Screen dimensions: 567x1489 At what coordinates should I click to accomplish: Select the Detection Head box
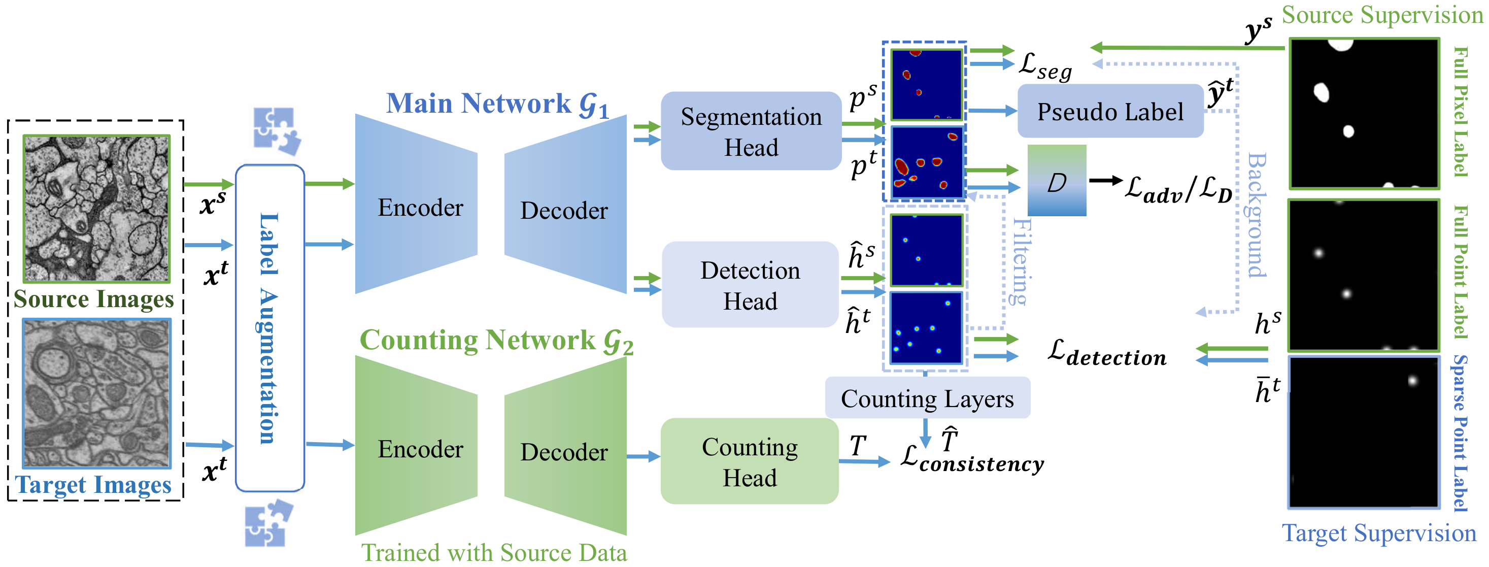tap(750, 285)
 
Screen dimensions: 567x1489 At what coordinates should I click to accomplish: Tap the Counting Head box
tap(749, 461)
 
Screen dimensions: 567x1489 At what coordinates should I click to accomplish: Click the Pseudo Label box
tap(1110, 112)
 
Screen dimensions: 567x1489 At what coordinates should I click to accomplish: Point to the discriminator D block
tap(1057, 181)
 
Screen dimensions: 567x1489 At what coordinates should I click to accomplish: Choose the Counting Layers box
tap(927, 398)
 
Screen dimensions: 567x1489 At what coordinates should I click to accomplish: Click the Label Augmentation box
tap(270, 328)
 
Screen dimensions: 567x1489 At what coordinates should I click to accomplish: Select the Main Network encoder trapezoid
tap(416, 205)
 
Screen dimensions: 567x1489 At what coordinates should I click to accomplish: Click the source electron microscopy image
tap(96, 209)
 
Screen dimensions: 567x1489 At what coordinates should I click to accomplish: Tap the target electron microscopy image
tap(96, 393)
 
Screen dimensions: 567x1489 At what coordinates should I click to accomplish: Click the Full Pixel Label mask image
tap(1364, 113)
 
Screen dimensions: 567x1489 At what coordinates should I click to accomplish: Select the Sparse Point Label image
tap(1364, 432)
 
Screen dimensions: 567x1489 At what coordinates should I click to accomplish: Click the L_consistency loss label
tap(972, 460)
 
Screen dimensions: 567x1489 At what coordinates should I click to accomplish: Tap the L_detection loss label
tap(1106, 353)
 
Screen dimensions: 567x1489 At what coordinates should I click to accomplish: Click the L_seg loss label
tap(1045, 66)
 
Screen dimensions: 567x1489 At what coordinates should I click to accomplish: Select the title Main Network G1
tap(497, 104)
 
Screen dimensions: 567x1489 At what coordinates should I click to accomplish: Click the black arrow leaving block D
tap(1105, 181)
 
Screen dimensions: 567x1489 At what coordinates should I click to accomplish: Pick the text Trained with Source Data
tap(494, 553)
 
